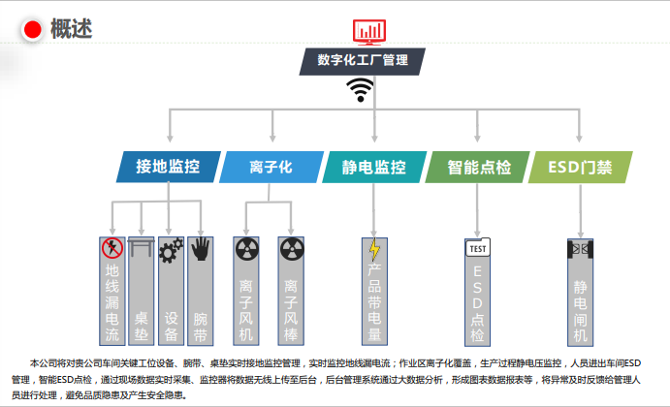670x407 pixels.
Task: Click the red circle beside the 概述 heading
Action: click(32, 30)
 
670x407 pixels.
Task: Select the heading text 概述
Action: click(72, 30)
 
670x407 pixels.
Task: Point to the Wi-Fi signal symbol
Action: click(362, 90)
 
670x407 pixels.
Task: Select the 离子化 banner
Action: click(271, 167)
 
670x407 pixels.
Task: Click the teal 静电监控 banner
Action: click(373, 167)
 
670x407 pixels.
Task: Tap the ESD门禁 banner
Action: click(580, 167)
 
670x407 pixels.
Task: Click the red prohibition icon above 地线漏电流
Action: click(112, 249)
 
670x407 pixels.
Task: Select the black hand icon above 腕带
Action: click(201, 249)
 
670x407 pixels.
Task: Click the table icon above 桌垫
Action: click(142, 250)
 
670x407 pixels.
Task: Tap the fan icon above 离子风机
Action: click(247, 250)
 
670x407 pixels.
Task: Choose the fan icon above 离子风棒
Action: click(292, 250)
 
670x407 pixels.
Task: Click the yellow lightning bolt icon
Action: click(373, 249)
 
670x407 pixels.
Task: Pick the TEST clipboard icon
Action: click(477, 249)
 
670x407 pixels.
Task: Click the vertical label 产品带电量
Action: click(373, 304)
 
